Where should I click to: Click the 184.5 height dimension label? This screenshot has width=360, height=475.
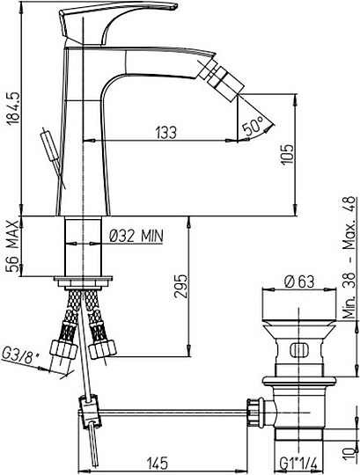(13, 108)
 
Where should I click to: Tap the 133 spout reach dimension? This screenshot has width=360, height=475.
(165, 133)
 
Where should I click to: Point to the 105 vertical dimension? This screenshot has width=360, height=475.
(287, 154)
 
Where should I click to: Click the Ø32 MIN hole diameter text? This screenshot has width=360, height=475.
(136, 236)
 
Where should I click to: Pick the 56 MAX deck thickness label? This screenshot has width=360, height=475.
(13, 247)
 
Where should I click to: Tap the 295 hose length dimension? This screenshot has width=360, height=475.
(180, 286)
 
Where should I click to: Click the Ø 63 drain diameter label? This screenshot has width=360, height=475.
(299, 281)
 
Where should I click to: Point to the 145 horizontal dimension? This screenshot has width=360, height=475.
(158, 464)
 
